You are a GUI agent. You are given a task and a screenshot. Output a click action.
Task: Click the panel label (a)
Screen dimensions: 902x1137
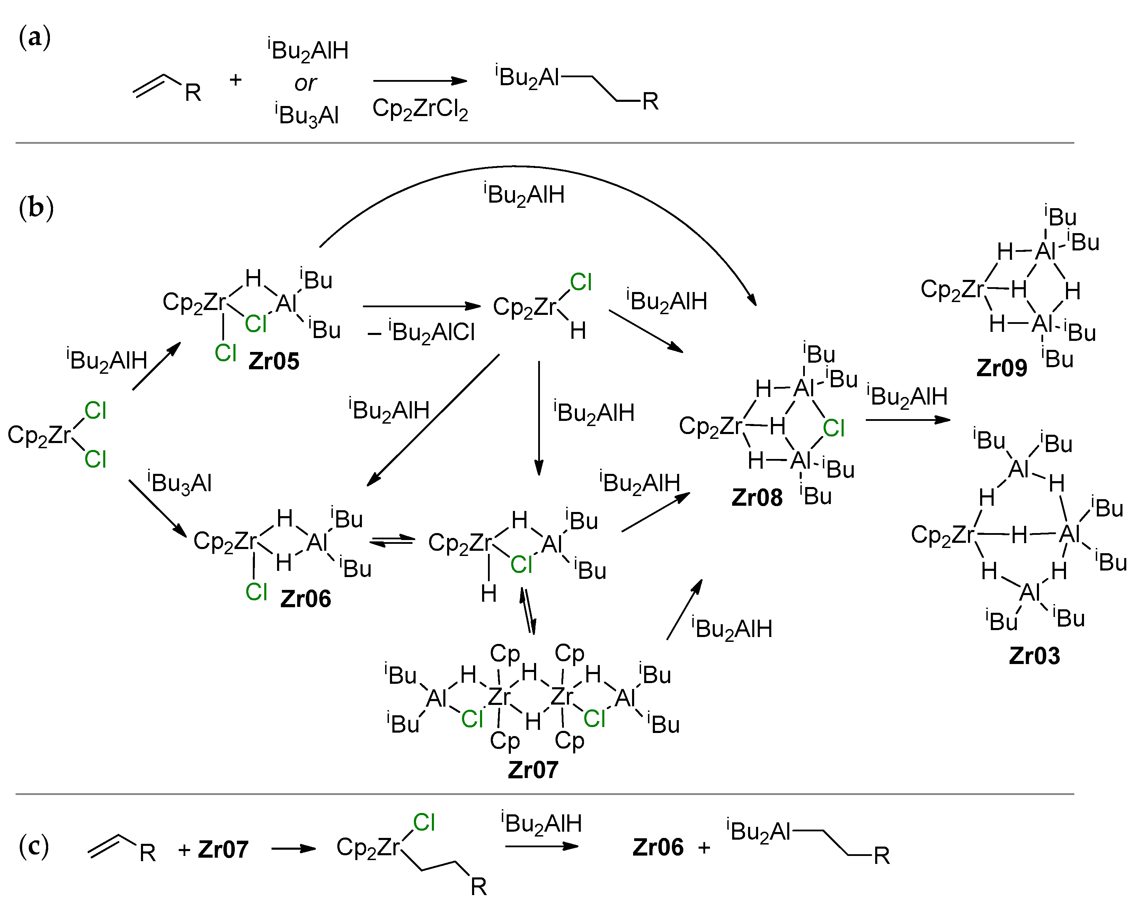pyautogui.click(x=34, y=38)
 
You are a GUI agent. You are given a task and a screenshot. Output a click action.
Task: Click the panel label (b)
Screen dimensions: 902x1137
pyautogui.click(x=36, y=208)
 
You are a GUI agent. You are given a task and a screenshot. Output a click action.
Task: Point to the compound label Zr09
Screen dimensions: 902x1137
pyautogui.click(x=1002, y=368)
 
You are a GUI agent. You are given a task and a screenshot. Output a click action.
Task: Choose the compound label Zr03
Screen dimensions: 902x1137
pyautogui.click(x=1034, y=656)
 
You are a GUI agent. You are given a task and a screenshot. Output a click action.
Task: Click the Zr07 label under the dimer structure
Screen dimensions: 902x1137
pyautogui.click(x=533, y=770)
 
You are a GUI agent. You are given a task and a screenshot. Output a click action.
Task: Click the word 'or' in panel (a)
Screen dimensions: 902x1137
pyautogui.click(x=305, y=83)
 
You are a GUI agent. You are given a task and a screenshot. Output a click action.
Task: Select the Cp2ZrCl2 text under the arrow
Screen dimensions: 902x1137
pyautogui.click(x=420, y=109)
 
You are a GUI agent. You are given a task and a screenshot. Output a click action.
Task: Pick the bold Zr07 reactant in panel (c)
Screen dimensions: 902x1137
pyautogui.click(x=223, y=850)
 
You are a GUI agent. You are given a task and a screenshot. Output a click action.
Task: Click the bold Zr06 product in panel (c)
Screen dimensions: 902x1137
pyautogui.click(x=658, y=848)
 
